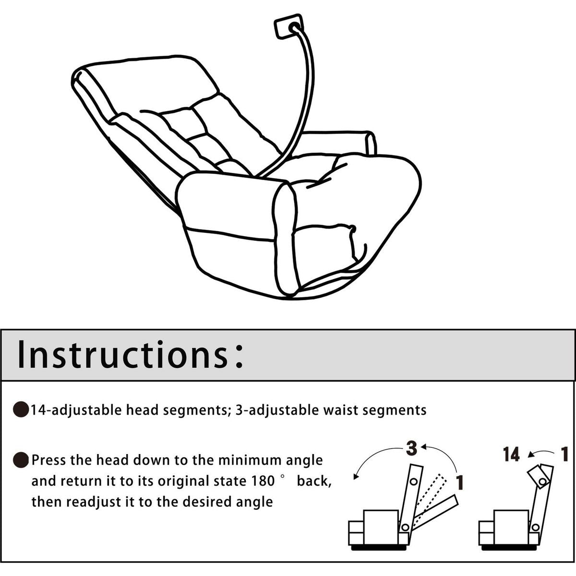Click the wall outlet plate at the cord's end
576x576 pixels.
point(288,27)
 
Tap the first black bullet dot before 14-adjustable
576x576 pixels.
point(21,410)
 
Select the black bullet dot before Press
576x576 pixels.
point(21,460)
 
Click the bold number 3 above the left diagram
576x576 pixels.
point(411,449)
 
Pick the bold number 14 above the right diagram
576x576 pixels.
point(511,454)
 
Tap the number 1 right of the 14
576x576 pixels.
point(564,454)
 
